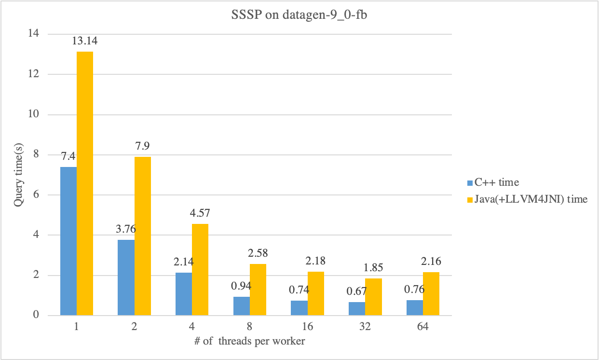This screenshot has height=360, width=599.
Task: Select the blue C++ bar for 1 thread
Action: tap(68, 241)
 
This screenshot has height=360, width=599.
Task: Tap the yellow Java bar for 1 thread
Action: tap(85, 183)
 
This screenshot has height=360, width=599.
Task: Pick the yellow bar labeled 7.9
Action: tap(142, 236)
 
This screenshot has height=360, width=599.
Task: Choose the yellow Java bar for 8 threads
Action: tap(258, 290)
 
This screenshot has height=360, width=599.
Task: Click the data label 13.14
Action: tap(85, 42)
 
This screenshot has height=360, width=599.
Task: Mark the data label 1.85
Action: tap(373, 268)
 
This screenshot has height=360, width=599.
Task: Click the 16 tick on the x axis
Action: tap(307, 327)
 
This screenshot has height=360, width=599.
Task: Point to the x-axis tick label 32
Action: tap(365, 327)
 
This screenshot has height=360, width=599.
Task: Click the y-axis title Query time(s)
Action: tap(18, 174)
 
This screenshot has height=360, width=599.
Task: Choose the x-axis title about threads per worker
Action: tap(249, 341)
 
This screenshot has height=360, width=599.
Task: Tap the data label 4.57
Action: tap(200, 213)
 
